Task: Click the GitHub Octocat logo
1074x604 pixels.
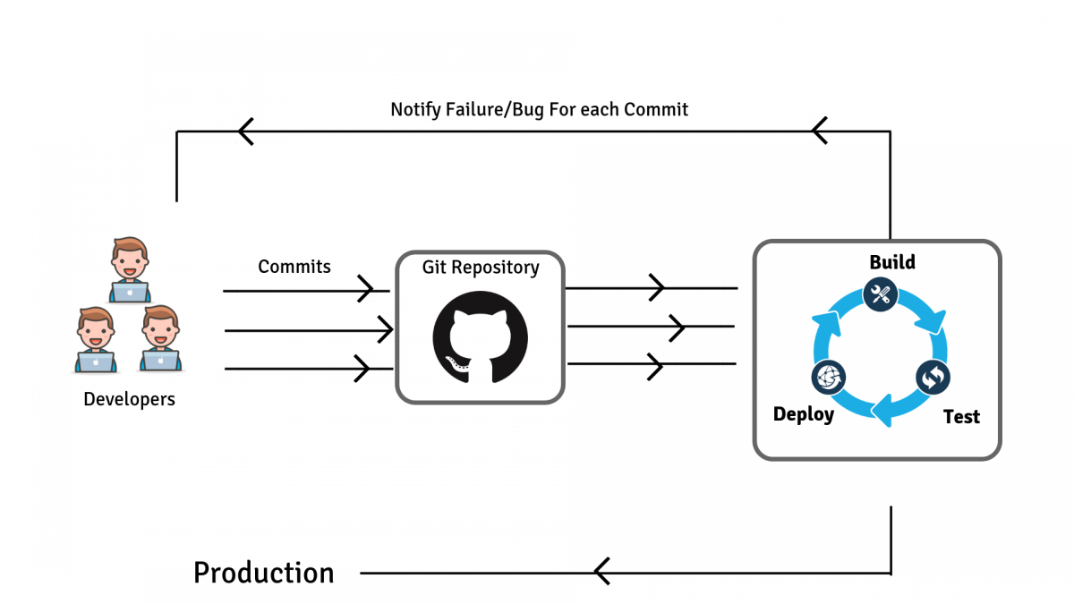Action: click(480, 338)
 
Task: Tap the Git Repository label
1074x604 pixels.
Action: click(480, 268)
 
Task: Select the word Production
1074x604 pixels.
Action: click(263, 573)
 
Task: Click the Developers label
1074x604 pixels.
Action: click(129, 399)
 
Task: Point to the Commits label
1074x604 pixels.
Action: click(294, 267)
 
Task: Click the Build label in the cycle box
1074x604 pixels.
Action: click(892, 262)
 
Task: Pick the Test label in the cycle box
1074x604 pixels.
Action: click(961, 417)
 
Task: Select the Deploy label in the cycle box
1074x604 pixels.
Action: click(803, 413)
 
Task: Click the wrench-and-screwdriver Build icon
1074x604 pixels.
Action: click(881, 294)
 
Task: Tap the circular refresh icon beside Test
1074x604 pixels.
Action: click(933, 378)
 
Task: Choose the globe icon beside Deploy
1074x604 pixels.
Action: click(828, 378)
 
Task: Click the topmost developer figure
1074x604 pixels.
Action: click(130, 268)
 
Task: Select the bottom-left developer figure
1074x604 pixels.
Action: click(95, 339)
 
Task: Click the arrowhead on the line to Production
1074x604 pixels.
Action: click(601, 571)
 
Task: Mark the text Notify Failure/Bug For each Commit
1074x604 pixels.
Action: click(539, 110)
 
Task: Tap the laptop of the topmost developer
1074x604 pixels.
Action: click(130, 292)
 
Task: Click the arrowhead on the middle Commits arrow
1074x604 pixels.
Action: click(384, 330)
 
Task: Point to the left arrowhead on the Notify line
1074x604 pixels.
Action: click(246, 132)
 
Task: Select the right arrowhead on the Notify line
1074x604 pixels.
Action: click(820, 131)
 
